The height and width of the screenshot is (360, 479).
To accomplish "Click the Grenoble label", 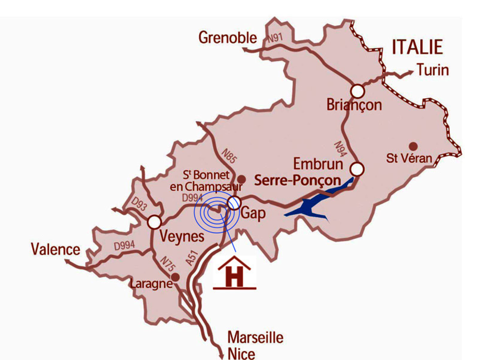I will click(x=228, y=38).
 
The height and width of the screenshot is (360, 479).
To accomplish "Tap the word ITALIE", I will click(x=417, y=46).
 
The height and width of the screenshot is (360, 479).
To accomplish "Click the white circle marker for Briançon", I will click(x=357, y=91).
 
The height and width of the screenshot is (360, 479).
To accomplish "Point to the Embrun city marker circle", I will click(x=357, y=169).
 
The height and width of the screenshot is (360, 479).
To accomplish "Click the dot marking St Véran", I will click(x=413, y=146).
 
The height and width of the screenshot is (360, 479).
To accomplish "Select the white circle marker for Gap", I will click(x=234, y=203).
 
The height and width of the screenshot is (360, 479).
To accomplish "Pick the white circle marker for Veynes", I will click(x=154, y=222).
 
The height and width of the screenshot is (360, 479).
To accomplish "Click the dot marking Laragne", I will click(x=175, y=277).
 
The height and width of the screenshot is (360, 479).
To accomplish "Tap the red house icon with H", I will click(x=234, y=273).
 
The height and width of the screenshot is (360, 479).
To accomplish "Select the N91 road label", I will click(x=275, y=39).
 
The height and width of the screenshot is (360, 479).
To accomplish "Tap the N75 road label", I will click(x=166, y=263).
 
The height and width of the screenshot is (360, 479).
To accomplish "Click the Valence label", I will click(x=55, y=250).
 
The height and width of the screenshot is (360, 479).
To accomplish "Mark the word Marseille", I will click(x=255, y=337).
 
